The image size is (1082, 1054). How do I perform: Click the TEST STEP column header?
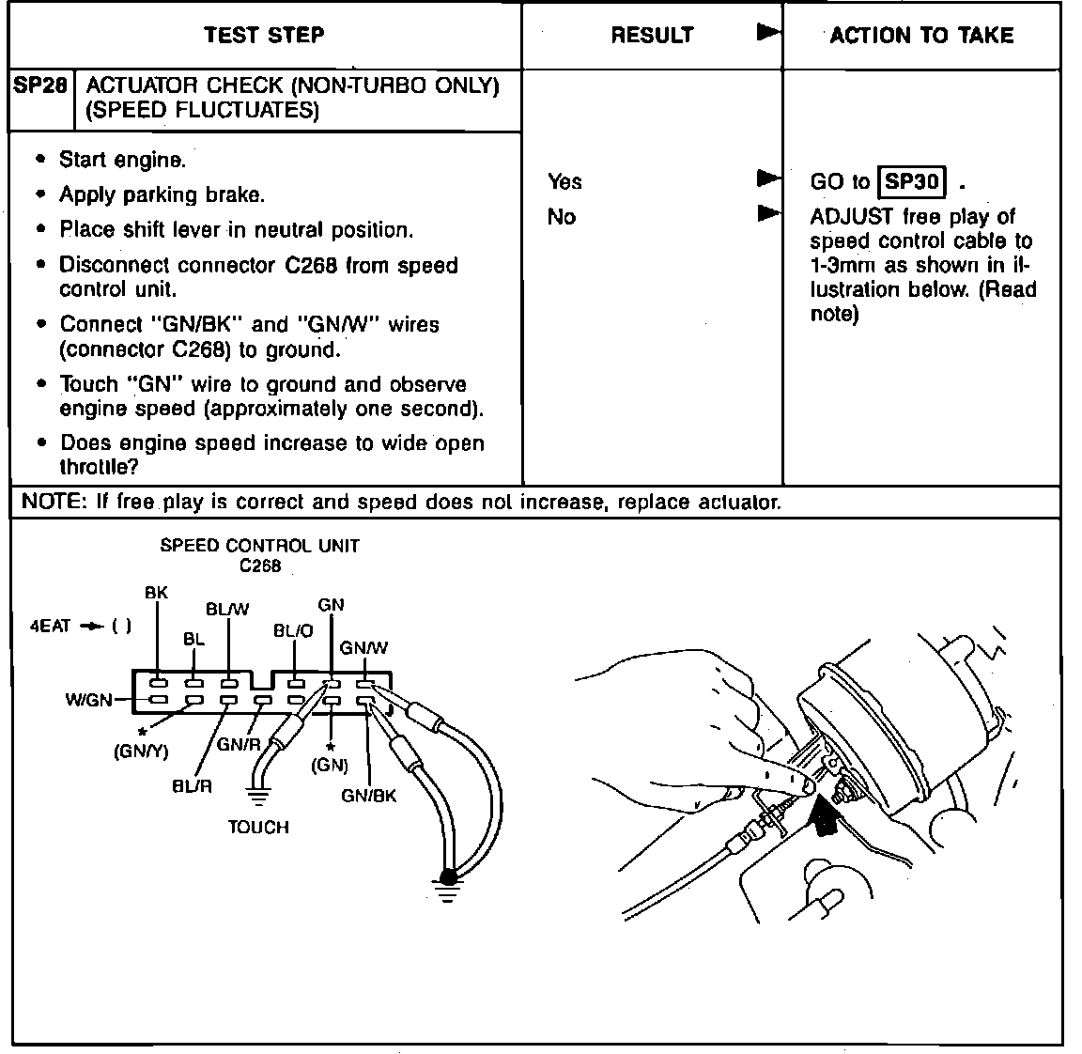click(264, 36)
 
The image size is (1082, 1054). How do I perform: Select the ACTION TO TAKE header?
click(921, 36)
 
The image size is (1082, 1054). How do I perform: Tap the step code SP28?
click(40, 85)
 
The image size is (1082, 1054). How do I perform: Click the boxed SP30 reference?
click(912, 181)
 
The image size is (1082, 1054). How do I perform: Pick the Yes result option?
click(564, 181)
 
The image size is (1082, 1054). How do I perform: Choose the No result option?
click(561, 217)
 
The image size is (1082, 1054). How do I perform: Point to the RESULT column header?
click(652, 36)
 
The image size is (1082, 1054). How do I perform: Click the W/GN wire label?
click(88, 700)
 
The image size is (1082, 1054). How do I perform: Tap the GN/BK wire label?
click(368, 796)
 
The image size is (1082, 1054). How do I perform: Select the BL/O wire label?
click(293, 631)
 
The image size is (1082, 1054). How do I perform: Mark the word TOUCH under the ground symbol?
click(258, 828)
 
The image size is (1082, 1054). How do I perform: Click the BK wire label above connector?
click(156, 593)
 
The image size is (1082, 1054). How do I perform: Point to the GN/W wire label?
click(363, 647)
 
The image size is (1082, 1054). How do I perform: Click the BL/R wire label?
click(192, 786)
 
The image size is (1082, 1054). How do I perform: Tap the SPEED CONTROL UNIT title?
click(259, 545)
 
